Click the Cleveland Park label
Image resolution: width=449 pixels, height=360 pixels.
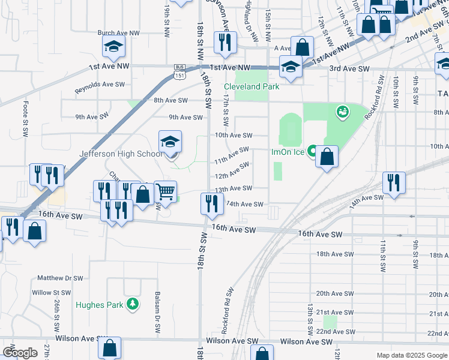click(252, 86)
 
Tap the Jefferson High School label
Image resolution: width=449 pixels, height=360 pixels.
click(121, 154)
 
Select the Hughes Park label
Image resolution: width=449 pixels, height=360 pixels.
click(99, 305)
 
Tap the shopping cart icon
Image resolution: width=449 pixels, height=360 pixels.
click(166, 192)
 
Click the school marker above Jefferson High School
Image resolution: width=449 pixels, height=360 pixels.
click(170, 142)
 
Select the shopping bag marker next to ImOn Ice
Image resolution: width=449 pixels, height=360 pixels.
click(326, 157)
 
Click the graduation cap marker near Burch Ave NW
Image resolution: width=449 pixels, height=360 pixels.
click(112, 46)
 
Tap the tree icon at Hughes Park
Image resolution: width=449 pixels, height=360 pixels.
click(132, 305)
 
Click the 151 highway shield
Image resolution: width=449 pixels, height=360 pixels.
click(180, 75)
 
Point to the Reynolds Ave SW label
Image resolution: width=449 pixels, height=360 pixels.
click(99, 85)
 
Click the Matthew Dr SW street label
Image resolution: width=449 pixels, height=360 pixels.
click(59, 278)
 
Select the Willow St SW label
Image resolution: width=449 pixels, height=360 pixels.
click(52, 293)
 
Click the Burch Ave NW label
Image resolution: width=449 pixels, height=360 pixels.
click(118, 32)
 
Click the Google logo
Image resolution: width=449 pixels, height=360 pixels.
click(20, 353)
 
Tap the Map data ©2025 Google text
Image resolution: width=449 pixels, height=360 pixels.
click(412, 355)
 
